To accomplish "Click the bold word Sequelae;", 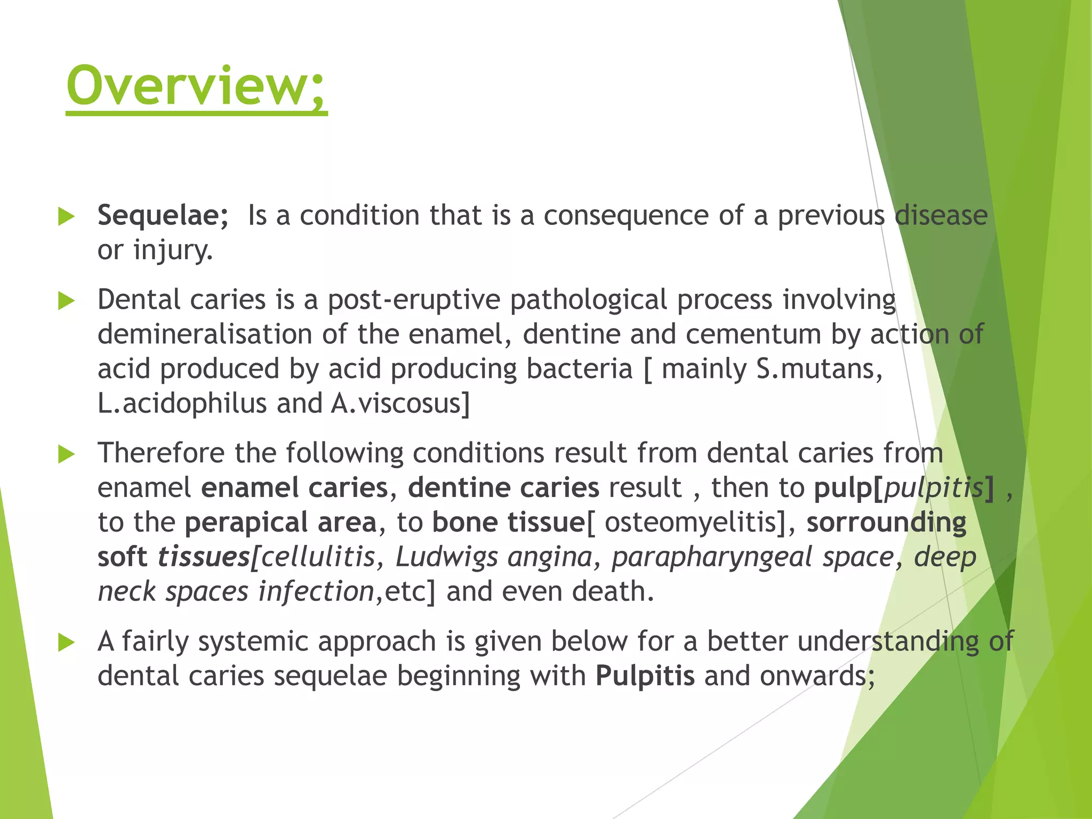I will [x=163, y=216].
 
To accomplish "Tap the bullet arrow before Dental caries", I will [x=66, y=301].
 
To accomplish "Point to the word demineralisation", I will [x=205, y=335].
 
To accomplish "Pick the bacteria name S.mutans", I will [x=819, y=369].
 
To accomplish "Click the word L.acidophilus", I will [x=182, y=404].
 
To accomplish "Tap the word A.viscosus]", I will [x=400, y=404].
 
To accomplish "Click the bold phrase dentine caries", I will [x=503, y=488].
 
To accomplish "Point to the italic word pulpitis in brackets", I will [x=933, y=488].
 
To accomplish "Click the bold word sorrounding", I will [x=886, y=523].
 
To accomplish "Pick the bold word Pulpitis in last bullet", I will [x=645, y=676].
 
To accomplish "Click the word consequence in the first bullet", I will [x=625, y=216].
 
